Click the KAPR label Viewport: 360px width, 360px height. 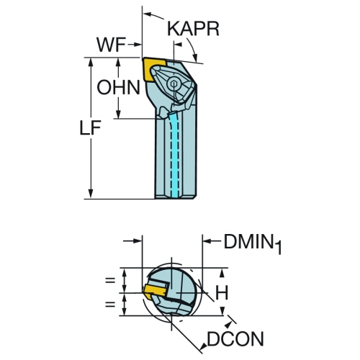click(193, 29)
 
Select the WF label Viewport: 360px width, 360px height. click(111, 45)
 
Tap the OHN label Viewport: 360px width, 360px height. click(118, 87)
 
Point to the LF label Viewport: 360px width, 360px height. click(90, 127)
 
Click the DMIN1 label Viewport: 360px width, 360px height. click(253, 243)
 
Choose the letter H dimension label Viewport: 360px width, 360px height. click(222, 292)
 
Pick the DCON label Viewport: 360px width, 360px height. click(235, 338)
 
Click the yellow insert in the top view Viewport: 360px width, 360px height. click(153, 69)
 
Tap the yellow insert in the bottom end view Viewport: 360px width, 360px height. click(155, 291)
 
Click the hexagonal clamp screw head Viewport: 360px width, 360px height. click(174, 84)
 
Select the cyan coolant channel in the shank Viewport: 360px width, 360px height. click(175, 156)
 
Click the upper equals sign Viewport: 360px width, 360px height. click(110, 280)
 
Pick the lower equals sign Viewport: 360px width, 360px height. click(110, 305)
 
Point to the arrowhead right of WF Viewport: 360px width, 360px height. click(137, 45)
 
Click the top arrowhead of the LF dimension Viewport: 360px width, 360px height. click(91, 62)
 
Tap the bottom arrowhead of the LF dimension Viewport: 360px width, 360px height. click(91, 194)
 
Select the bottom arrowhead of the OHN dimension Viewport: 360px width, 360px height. click(118, 114)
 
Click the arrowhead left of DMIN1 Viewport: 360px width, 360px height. click(207, 241)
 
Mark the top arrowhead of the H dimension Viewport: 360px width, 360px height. click(222, 272)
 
